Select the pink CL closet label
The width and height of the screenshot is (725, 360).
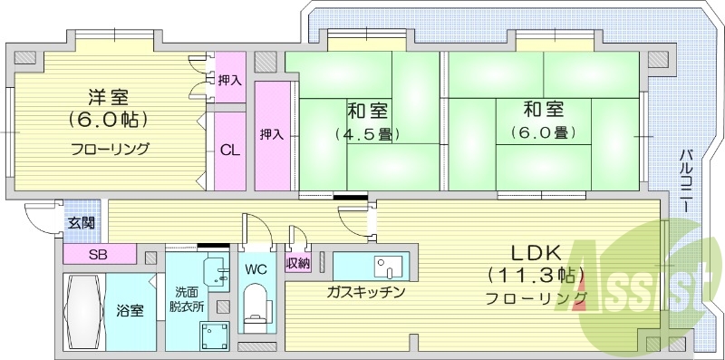pyautogui.click(x=230, y=151)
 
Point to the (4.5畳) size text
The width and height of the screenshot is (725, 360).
pyautogui.click(x=368, y=133)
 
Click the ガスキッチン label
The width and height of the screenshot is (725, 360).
pyautogui.click(x=366, y=293)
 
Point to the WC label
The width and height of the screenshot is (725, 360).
pyautogui.click(x=256, y=269)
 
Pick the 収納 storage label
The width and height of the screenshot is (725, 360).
pyautogui.click(x=298, y=264)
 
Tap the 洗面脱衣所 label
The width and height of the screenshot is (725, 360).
pyautogui.click(x=190, y=298)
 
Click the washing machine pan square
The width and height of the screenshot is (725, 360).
pyautogui.click(x=215, y=336)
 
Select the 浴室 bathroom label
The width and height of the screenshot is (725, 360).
pyautogui.click(x=130, y=311)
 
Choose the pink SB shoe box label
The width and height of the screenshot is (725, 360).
pyautogui.click(x=98, y=253)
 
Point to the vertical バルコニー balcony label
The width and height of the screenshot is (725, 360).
pyautogui.click(x=686, y=180)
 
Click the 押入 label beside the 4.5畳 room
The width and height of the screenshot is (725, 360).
pyautogui.click(x=272, y=134)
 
